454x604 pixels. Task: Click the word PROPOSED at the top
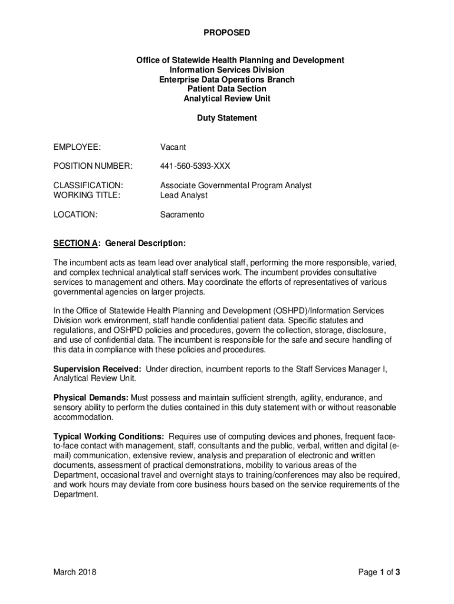pos(227,33)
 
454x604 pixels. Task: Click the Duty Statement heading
pos(227,118)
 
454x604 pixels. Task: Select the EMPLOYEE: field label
pos(77,147)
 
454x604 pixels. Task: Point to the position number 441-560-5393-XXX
pos(195,166)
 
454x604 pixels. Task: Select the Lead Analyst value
pos(184,195)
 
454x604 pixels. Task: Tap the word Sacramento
pos(182,215)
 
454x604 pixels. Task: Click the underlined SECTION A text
pos(75,244)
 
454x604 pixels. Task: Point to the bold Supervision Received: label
pos(97,369)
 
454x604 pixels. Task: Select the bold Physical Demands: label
pos(91,398)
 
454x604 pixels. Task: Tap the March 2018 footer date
pos(75,572)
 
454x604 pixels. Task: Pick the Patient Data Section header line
pos(227,89)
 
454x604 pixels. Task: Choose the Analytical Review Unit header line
pos(227,99)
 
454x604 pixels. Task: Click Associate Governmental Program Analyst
pos(236,186)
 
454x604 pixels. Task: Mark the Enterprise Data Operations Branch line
pos(227,80)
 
